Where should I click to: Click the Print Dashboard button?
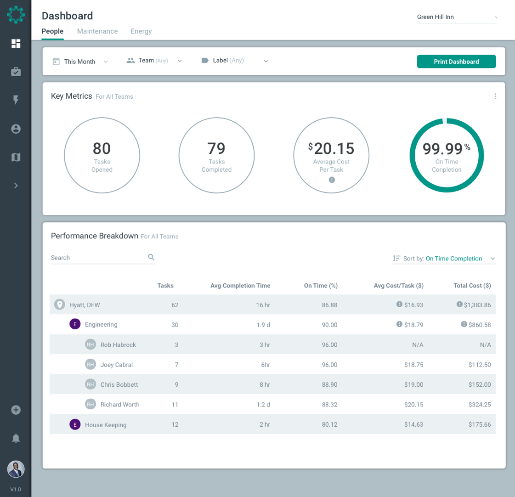(x=456, y=62)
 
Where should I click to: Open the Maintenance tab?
(x=97, y=31)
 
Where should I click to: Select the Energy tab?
(x=141, y=31)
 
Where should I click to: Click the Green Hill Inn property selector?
(x=456, y=17)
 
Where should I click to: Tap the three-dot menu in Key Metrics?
(x=495, y=96)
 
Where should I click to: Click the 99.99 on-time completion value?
(x=442, y=149)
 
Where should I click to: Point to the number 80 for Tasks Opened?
(x=102, y=149)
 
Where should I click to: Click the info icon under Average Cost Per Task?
(x=332, y=180)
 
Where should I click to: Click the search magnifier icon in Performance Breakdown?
(x=151, y=257)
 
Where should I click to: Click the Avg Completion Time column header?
(x=240, y=286)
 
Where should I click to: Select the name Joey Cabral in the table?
(x=117, y=365)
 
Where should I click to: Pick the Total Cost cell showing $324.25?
(x=480, y=405)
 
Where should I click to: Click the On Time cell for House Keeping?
(x=329, y=425)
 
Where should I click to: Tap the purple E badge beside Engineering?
(x=75, y=324)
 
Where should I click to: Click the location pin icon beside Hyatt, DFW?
(x=59, y=305)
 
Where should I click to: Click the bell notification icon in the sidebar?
(x=16, y=438)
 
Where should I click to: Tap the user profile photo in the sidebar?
(x=16, y=469)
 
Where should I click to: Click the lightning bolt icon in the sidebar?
(x=16, y=100)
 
